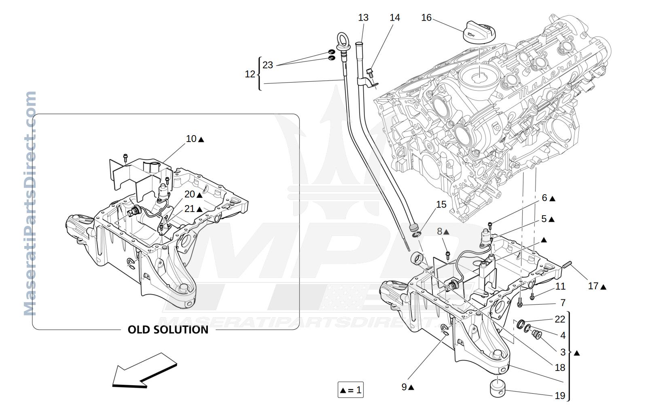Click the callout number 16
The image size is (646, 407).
pos(426,17)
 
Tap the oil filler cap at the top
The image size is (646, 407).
pos(479,32)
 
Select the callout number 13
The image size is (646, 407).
pos(363,17)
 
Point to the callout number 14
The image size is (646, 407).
pos(394,17)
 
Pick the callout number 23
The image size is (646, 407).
pos(268,65)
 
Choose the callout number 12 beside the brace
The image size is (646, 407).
pos(250,74)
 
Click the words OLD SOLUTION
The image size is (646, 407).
pos(168,329)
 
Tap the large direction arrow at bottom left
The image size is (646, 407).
pos(144,371)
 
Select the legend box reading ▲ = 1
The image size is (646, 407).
pos(350,390)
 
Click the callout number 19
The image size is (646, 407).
pos(560,396)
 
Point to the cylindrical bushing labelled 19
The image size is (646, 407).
pos(498,388)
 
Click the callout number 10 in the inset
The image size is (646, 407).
pos(191,139)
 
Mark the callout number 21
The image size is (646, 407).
pos(189,208)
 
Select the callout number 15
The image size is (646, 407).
pos(441,204)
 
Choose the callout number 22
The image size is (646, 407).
pos(560,319)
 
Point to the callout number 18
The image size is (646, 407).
pos(560,367)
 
